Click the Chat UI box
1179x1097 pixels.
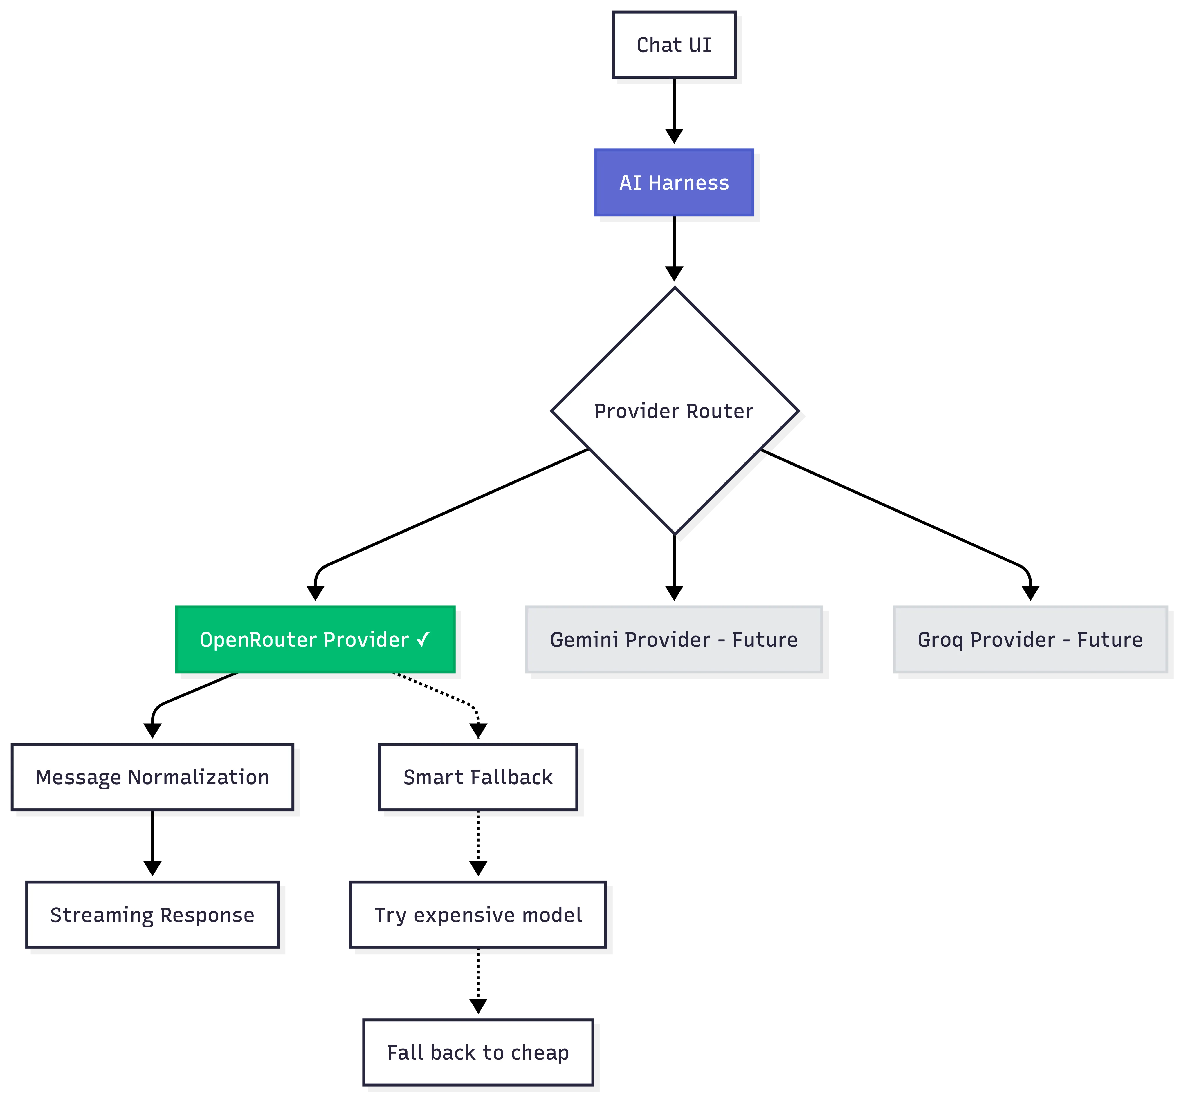(674, 44)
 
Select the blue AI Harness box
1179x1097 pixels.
(674, 182)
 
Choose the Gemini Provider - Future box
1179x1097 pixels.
(674, 639)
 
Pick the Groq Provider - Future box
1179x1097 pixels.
(1030, 639)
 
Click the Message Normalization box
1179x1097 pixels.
(152, 777)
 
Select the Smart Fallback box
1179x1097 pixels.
(478, 777)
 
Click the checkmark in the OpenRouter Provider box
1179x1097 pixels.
(423, 639)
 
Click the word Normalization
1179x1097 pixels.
(199, 777)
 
